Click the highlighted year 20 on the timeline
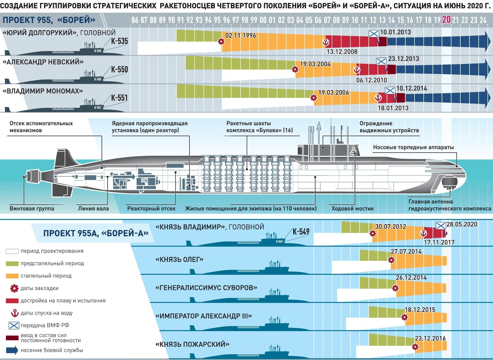click(x=446, y=20)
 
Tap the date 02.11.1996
click(x=240, y=35)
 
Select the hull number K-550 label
click(x=119, y=69)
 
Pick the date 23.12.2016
click(x=430, y=338)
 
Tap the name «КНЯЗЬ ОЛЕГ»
click(x=180, y=260)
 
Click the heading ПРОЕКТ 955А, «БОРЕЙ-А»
click(x=96, y=233)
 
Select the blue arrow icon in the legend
click(x=12, y=350)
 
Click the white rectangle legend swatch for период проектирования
click(x=12, y=251)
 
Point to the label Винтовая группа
click(x=32, y=208)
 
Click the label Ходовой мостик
click(x=353, y=208)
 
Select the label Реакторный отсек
click(x=151, y=208)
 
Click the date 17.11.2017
click(x=439, y=242)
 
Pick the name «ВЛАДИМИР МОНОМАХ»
click(x=42, y=91)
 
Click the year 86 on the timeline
click(x=135, y=20)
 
